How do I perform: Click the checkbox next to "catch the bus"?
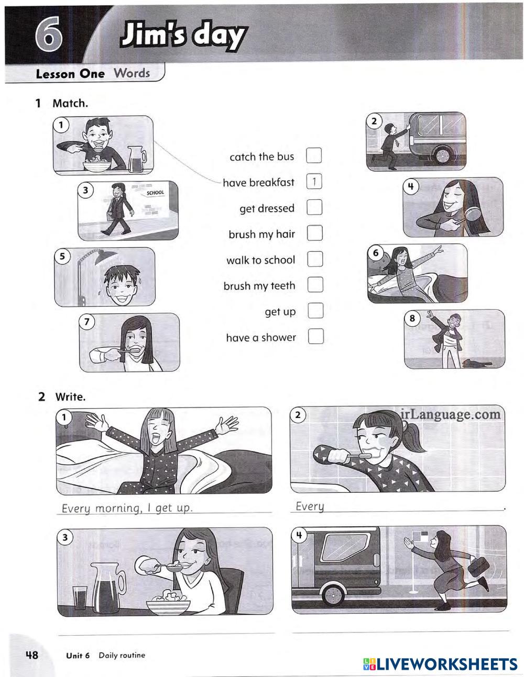(314, 155)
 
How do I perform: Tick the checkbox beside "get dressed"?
(314, 207)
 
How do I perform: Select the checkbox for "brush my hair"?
(315, 233)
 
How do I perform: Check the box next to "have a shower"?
(315, 336)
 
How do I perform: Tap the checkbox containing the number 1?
(314, 182)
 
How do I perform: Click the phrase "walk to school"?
(261, 260)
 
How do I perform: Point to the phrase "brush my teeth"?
(259, 286)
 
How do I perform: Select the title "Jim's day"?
(184, 35)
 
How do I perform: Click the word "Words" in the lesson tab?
(132, 73)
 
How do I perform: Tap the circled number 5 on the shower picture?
(62, 256)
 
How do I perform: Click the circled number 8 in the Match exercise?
(412, 318)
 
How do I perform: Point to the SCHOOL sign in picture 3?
(155, 193)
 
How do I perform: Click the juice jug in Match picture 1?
(137, 159)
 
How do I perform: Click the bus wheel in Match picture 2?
(443, 155)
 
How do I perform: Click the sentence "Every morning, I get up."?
(127, 508)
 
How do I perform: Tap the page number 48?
(32, 655)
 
